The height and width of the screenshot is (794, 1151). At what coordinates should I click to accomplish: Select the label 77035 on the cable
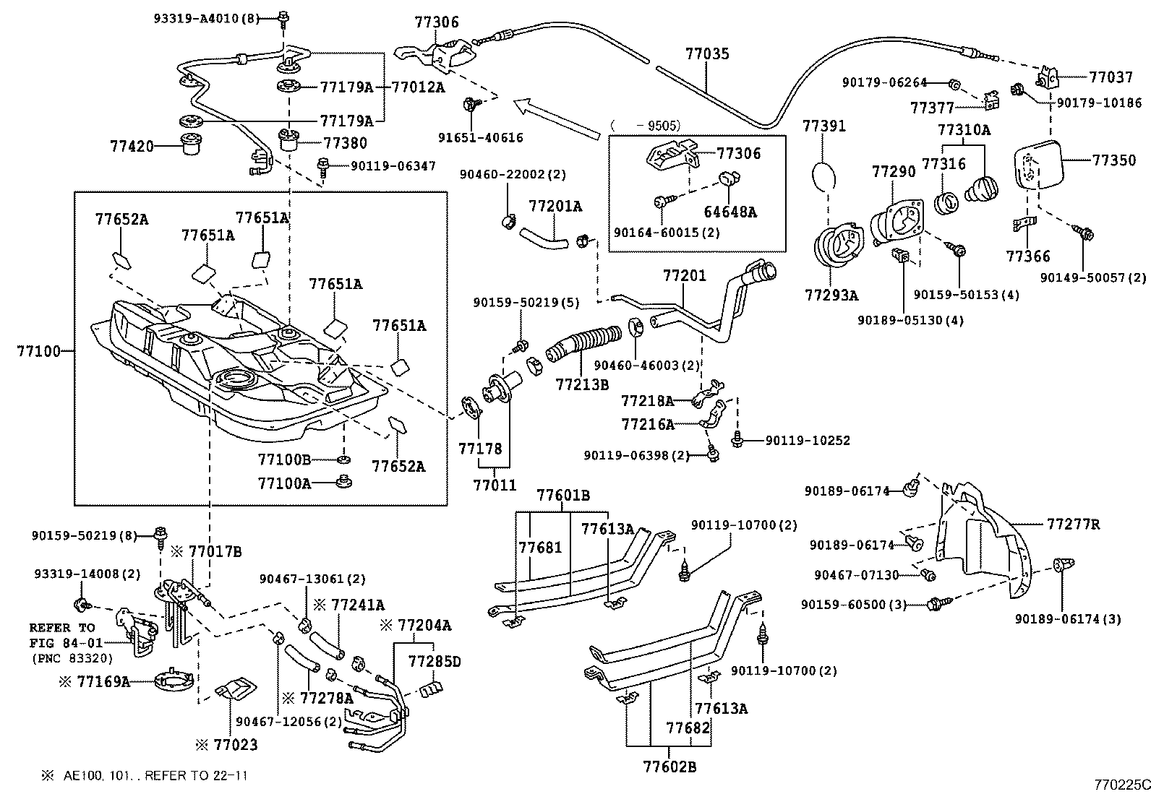707,53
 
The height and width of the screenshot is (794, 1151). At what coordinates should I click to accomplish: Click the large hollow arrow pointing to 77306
557,119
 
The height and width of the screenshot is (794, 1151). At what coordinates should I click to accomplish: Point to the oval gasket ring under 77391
823,175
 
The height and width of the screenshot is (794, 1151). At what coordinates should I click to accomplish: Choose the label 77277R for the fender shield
1073,523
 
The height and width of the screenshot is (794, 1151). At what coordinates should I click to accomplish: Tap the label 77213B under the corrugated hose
582,384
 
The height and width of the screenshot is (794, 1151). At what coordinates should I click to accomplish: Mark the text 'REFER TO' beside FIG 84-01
62,628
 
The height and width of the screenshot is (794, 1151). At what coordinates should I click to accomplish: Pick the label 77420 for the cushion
132,146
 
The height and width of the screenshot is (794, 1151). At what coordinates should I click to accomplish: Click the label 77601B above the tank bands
563,496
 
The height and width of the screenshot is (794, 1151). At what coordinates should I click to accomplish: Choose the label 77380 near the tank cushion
345,143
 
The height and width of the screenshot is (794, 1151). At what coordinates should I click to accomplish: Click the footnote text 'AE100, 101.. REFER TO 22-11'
155,776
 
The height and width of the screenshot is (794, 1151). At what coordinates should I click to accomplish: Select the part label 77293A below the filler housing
831,295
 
